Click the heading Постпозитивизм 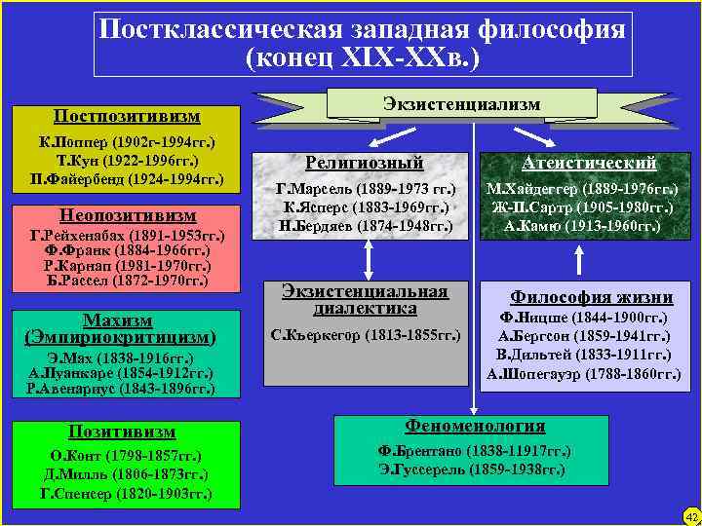click(127, 116)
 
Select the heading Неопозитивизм click(126, 214)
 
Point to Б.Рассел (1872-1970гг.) click(126, 282)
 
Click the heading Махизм click(117, 319)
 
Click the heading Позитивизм click(122, 431)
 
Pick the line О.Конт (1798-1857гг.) click(122, 456)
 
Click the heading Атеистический click(589, 163)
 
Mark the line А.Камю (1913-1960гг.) click(582, 226)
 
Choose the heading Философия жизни click(592, 297)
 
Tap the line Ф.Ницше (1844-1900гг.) click(583, 319)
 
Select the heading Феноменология click(475, 427)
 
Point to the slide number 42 click(691, 515)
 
